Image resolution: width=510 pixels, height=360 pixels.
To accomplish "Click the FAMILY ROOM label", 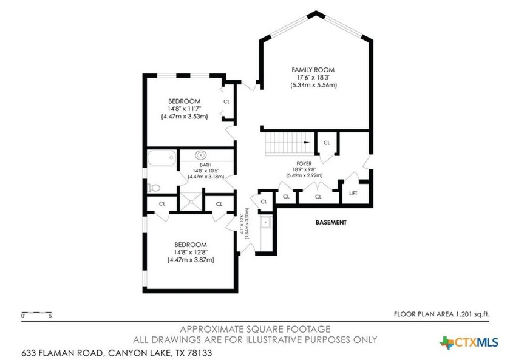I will [313, 70].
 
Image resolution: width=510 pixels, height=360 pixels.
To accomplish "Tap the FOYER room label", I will [304, 163].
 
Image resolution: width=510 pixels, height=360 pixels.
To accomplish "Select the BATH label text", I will [205, 165].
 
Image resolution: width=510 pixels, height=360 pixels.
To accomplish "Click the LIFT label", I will [353, 193].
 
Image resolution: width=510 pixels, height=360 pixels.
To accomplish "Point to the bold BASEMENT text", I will [331, 222].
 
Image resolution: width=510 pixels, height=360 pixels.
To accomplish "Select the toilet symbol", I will [154, 186].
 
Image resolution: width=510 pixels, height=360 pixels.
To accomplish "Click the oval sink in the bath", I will [202, 155].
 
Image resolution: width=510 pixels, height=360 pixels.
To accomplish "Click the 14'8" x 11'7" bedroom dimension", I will [184, 109].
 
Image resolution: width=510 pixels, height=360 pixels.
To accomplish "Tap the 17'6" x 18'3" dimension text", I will [313, 78].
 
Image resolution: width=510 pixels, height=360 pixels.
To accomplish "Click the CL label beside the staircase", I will [327, 143].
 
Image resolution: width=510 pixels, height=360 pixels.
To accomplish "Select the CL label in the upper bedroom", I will [226, 101].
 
